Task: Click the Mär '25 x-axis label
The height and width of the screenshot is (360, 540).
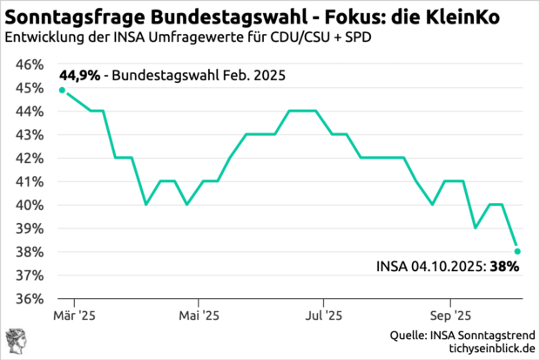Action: [x=76, y=316]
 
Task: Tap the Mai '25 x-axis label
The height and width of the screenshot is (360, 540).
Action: [x=199, y=316]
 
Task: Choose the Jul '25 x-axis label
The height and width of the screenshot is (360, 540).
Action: [x=323, y=316]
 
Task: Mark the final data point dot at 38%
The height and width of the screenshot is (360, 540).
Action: [x=517, y=251]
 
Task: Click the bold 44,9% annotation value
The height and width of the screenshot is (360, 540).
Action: [x=79, y=75]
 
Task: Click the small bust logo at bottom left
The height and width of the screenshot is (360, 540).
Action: [x=16, y=342]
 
